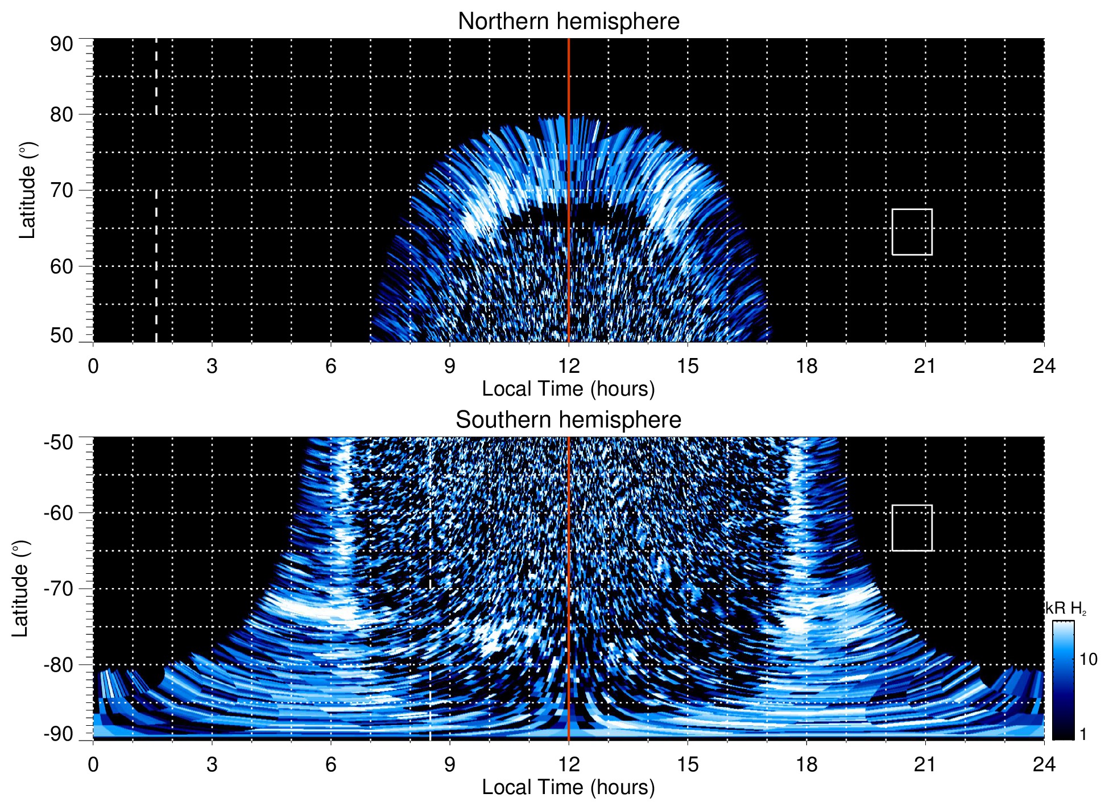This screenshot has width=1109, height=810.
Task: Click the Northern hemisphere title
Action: [568, 22]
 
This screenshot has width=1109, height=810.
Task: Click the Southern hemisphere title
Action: [568, 420]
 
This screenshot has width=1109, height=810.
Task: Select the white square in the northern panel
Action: [912, 232]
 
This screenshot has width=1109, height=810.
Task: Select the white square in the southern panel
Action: [912, 528]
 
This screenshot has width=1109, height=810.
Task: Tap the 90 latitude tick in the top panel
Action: [61, 44]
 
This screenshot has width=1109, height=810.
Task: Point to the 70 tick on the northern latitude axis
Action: [61, 191]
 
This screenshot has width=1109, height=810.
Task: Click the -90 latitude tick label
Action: [59, 734]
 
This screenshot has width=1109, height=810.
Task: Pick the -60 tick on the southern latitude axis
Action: [59, 513]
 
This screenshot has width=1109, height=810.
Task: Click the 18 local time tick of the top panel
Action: [806, 366]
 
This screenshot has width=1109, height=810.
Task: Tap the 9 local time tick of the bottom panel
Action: [449, 764]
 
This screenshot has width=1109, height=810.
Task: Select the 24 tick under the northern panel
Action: [1044, 366]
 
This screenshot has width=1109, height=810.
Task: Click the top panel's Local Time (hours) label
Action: [568, 389]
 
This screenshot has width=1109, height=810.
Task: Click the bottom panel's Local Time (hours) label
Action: [568, 787]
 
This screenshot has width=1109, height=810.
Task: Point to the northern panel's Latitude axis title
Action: [27, 191]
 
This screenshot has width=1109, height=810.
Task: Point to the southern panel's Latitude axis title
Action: [20, 589]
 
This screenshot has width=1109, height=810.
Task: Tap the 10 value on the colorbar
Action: [1088, 660]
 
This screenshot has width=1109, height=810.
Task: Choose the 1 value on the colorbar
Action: [1083, 734]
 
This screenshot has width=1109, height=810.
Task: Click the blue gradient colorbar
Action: [1062, 680]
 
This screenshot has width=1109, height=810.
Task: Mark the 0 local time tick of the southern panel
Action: [93, 764]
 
